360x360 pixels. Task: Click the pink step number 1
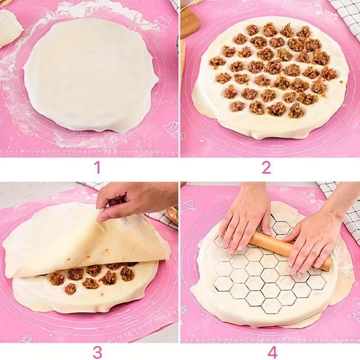pyautogui.click(x=97, y=168)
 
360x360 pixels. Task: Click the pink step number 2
pyautogui.click(x=266, y=168)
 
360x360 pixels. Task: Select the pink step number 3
pyautogui.click(x=97, y=352)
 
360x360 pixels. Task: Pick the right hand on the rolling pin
pyautogui.click(x=315, y=238)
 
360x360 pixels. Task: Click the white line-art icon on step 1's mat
pyautogui.click(x=171, y=128)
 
